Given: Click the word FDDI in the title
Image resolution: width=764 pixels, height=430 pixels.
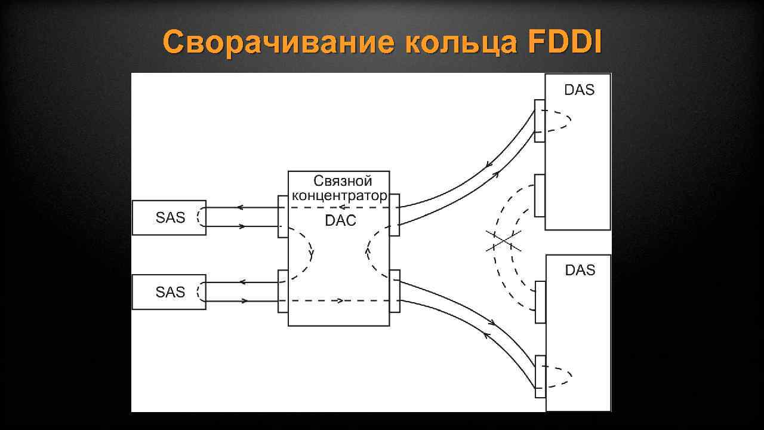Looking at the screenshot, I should tap(565, 42).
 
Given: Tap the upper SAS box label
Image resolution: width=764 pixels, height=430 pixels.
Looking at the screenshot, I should tap(171, 218).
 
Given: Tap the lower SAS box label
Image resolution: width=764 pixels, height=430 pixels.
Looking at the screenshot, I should tap(171, 293).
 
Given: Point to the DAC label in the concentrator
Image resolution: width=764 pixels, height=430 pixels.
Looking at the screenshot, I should tap(340, 220).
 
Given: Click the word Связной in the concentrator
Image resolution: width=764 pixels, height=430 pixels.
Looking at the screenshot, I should tap(343, 181).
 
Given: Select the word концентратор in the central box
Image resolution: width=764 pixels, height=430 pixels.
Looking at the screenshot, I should tap(339, 195).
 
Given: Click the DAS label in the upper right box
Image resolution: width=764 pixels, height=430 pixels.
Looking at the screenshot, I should tap(580, 90).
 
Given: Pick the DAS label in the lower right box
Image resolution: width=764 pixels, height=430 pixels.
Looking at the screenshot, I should tap(580, 271).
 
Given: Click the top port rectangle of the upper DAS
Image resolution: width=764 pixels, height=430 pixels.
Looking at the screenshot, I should tap(540, 121).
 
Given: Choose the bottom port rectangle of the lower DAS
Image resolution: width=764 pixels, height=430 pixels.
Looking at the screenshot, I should tap(540, 376).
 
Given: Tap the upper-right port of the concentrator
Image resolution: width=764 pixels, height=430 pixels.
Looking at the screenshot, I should tap(395, 214).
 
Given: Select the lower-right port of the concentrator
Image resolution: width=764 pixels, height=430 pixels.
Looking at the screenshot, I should tap(395, 291).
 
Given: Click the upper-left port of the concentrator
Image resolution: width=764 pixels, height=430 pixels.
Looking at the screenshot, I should tap(283, 216).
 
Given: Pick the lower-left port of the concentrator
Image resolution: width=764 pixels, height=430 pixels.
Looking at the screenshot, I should tap(283, 291).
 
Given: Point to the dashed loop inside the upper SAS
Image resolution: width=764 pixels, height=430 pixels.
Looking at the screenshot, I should tap(201, 217).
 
